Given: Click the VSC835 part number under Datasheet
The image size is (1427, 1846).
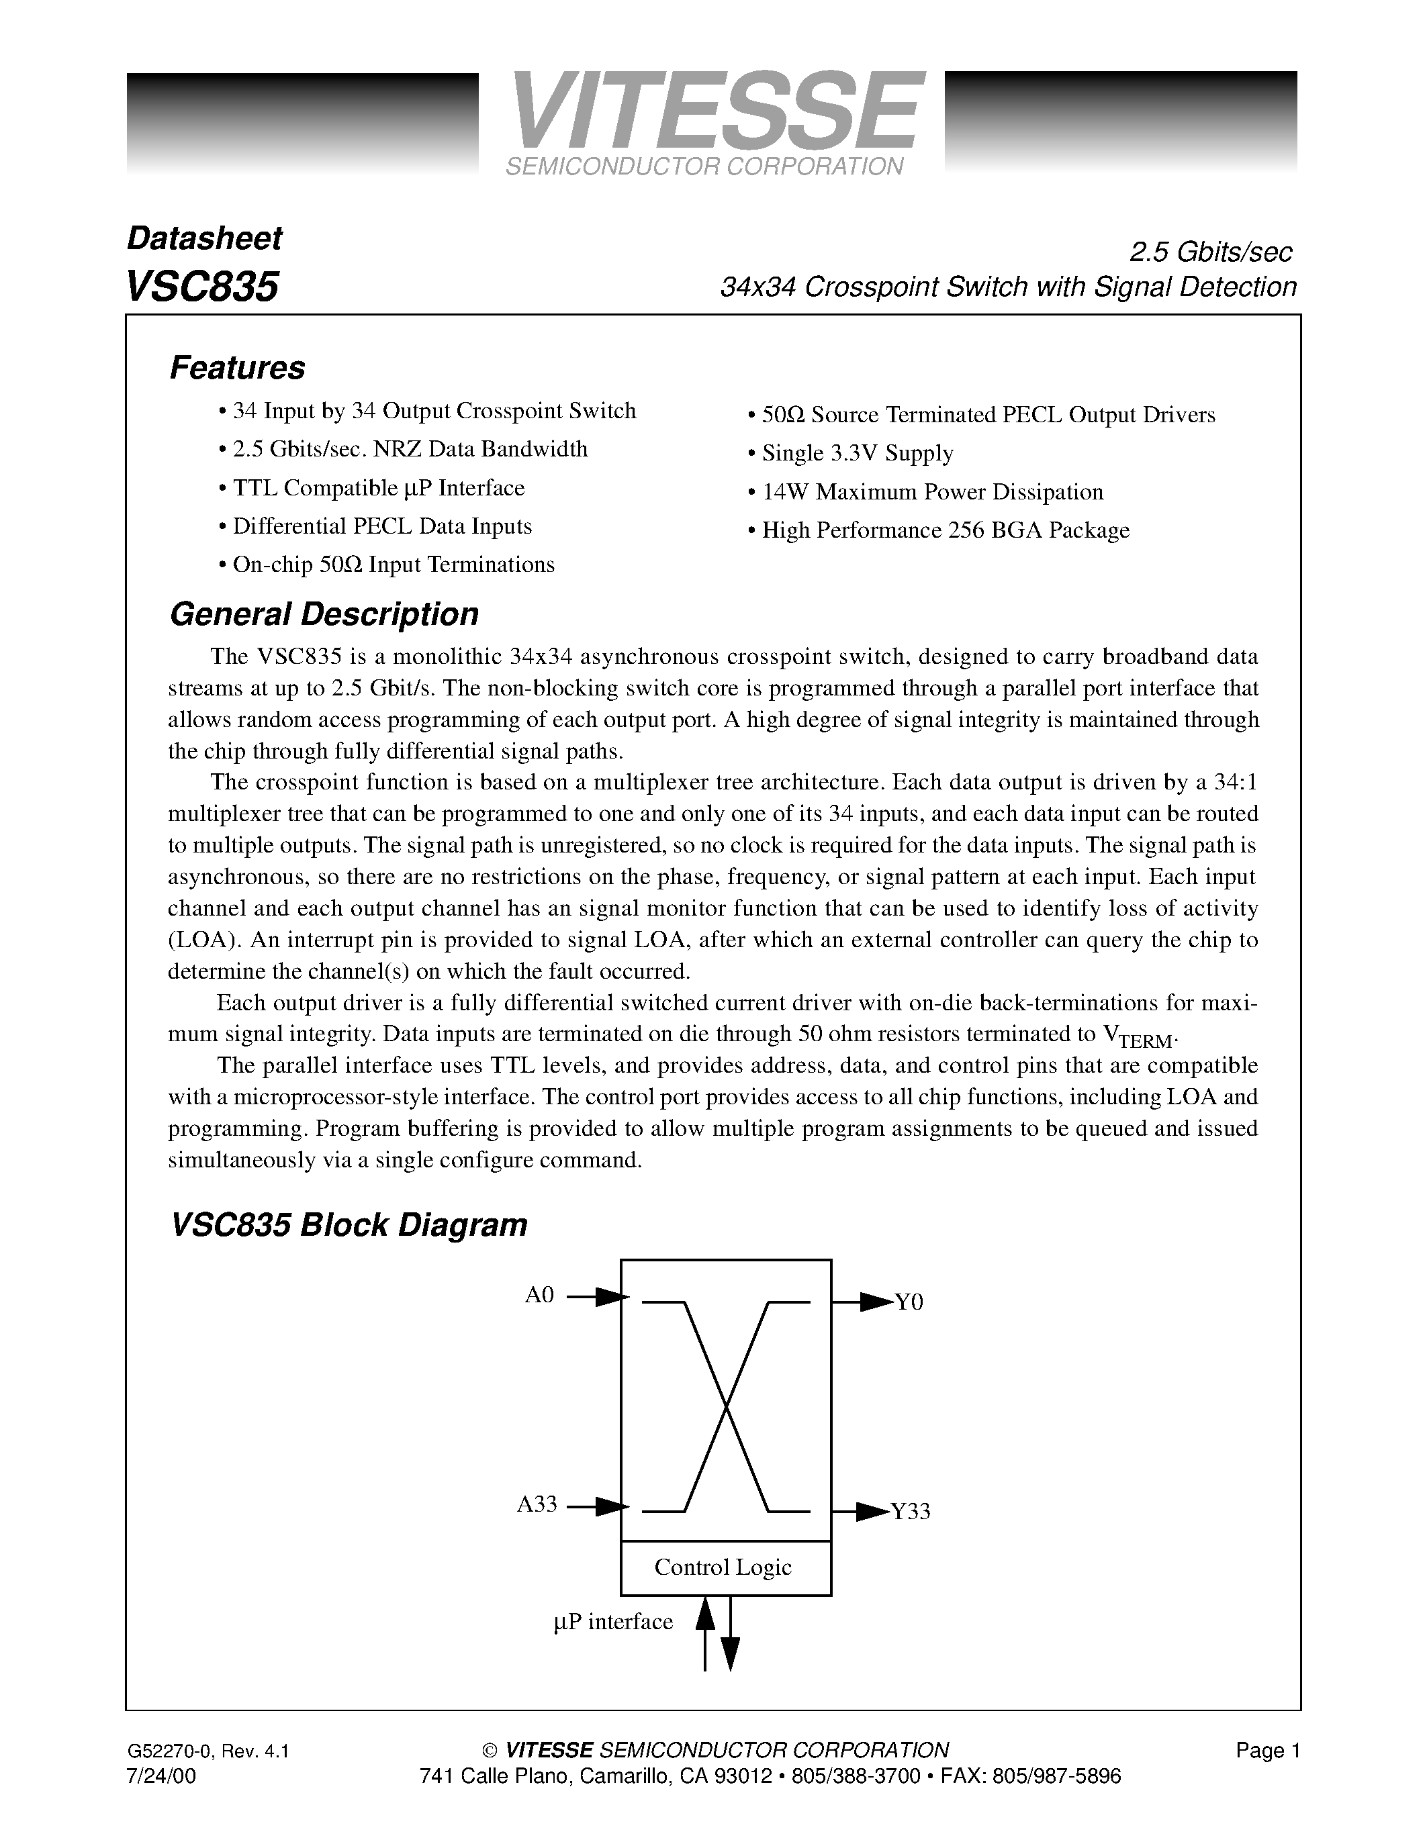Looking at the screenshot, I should click(x=202, y=287).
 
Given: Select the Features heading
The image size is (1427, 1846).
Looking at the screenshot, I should click(x=238, y=369).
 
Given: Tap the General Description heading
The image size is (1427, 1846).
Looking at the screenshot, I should click(x=324, y=614).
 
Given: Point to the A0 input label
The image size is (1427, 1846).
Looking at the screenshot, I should click(x=539, y=1295).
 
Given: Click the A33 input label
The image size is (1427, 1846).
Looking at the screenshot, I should click(x=537, y=1504).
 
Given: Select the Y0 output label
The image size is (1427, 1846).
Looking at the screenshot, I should click(x=909, y=1302).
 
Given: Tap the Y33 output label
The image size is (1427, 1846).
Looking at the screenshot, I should click(x=911, y=1511).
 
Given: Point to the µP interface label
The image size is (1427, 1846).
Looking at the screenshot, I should click(x=613, y=1622).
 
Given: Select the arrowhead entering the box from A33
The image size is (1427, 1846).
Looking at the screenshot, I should click(x=612, y=1506).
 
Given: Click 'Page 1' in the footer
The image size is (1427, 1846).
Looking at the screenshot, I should click(x=1267, y=1751).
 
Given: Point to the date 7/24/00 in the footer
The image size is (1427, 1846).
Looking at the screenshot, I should click(x=160, y=1776).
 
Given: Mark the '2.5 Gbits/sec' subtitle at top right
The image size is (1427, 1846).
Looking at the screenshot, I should click(x=1211, y=252).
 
